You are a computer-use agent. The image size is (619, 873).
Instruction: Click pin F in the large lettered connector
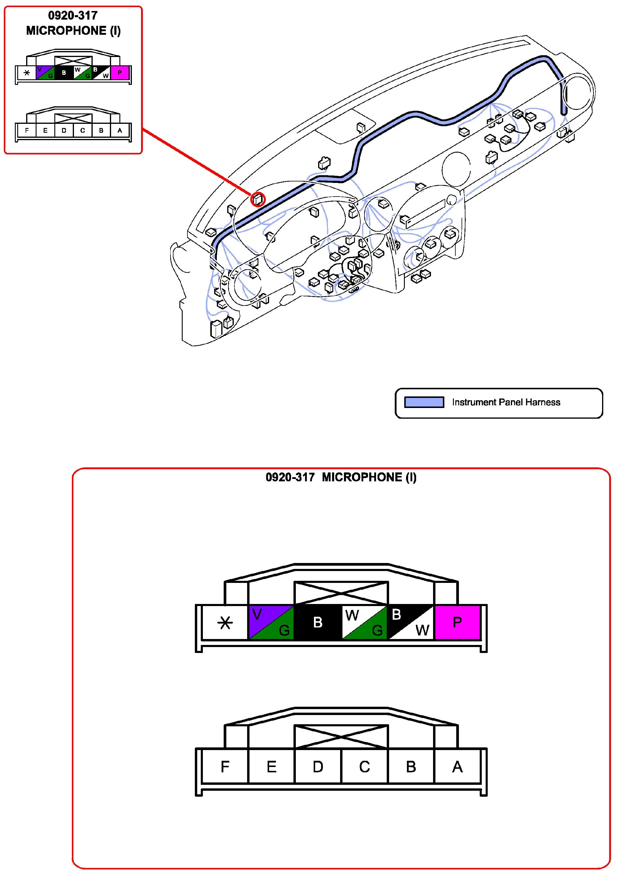tap(225, 766)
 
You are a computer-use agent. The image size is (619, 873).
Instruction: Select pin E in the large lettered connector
tap(271, 766)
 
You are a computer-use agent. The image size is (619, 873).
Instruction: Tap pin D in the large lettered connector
tap(318, 766)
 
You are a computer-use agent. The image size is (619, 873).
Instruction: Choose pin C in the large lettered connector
tap(364, 766)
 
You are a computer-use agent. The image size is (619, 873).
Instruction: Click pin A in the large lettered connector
tap(457, 766)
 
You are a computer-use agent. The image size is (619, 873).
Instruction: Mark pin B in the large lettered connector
tap(411, 766)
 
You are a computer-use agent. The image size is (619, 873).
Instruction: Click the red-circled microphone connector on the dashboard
tap(258, 199)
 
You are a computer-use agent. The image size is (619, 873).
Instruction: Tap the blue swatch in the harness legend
tap(424, 402)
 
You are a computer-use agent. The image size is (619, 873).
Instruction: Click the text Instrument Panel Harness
tap(506, 402)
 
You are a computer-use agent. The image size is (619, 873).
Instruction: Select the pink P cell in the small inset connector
tap(120, 72)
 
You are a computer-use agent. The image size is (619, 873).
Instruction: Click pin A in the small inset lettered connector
tap(120, 130)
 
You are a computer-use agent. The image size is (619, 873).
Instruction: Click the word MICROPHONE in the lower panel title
tap(362, 477)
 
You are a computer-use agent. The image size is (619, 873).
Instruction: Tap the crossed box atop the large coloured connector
tap(341, 593)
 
